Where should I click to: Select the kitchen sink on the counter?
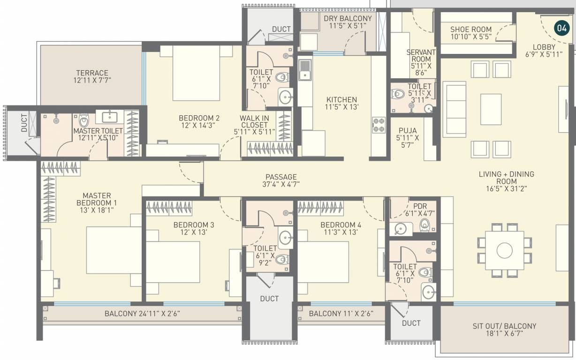pyautogui.click(x=305, y=70)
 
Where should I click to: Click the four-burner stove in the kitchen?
pyautogui.click(x=379, y=124)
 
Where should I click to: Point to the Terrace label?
pyautogui.click(x=92, y=76)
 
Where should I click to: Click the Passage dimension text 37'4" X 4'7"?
pyautogui.click(x=281, y=184)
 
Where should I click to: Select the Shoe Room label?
pyautogui.click(x=471, y=33)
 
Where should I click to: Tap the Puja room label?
pyautogui.click(x=408, y=138)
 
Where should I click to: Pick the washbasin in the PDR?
pyautogui.click(x=400, y=229)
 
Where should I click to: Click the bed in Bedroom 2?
pyautogui.click(x=196, y=73)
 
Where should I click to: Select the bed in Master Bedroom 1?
pyautogui.click(x=114, y=249)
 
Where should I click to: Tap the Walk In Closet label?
pyautogui.click(x=254, y=125)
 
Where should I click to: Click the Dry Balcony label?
pyautogui.click(x=348, y=22)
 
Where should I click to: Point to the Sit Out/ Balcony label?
pyautogui.click(x=504, y=330)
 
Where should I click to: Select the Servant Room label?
pyautogui.click(x=421, y=62)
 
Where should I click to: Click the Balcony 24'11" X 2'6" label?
pyautogui.click(x=142, y=314)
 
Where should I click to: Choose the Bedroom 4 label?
pyautogui.click(x=341, y=228)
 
